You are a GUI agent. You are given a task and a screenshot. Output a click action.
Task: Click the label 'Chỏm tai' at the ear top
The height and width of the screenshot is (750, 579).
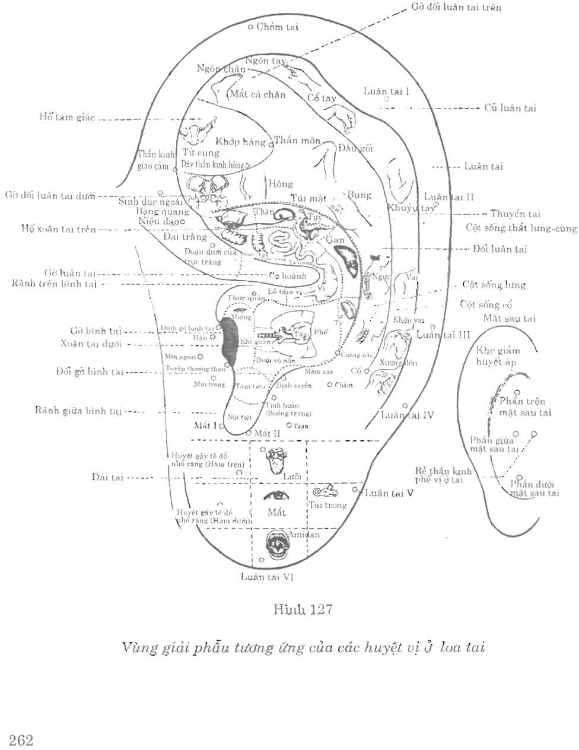click(277, 27)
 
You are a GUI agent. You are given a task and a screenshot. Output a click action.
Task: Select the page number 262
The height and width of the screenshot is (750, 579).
click(21, 739)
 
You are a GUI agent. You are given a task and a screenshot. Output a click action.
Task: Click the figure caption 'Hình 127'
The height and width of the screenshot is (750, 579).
click(302, 609)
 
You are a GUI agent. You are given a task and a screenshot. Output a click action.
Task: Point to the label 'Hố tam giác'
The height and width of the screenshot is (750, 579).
click(67, 117)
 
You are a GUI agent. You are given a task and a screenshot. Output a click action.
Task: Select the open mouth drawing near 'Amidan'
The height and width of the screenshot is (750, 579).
click(275, 544)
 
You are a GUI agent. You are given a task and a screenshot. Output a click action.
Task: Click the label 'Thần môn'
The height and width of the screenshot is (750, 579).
click(297, 141)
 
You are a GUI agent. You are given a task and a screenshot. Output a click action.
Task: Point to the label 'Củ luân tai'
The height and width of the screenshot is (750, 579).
click(510, 108)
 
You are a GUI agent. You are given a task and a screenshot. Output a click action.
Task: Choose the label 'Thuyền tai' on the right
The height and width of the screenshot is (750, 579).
click(516, 214)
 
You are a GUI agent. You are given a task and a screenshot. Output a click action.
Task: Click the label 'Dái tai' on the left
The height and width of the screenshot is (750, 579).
click(107, 477)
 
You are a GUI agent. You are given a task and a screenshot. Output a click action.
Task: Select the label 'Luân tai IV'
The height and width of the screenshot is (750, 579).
click(407, 415)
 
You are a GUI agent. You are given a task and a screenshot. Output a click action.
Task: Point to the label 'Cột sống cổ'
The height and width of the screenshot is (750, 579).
click(486, 304)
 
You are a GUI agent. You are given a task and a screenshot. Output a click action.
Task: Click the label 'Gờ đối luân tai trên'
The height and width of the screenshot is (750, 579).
click(456, 8)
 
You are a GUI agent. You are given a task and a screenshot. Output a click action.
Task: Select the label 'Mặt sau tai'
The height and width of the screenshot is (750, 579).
click(509, 319)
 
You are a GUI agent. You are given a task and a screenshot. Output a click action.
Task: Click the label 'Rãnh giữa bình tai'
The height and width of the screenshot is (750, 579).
click(78, 411)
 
